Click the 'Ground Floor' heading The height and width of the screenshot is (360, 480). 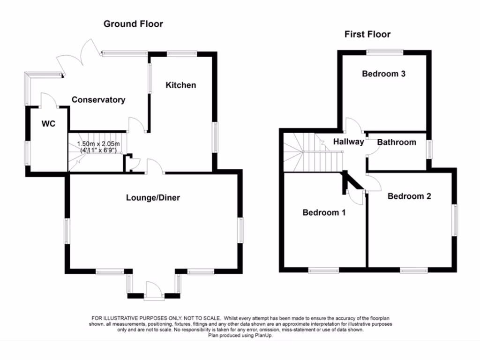tap(133, 24)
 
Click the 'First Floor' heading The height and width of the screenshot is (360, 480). tap(367, 34)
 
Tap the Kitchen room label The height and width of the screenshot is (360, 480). tap(180, 85)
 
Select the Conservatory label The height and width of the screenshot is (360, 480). tap(98, 100)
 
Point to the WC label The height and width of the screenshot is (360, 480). tap(49, 124)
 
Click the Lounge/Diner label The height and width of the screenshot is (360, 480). tap(153, 198)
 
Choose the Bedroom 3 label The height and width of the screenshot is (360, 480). tap(383, 74)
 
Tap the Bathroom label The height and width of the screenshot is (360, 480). tap(397, 142)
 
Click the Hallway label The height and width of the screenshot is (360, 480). tap(348, 142)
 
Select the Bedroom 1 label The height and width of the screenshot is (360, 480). tap(324, 213)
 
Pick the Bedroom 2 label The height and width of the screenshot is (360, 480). tap(409, 196)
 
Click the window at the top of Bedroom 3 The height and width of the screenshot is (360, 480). tap(385, 52)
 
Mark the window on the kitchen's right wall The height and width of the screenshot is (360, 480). tap(216, 137)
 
